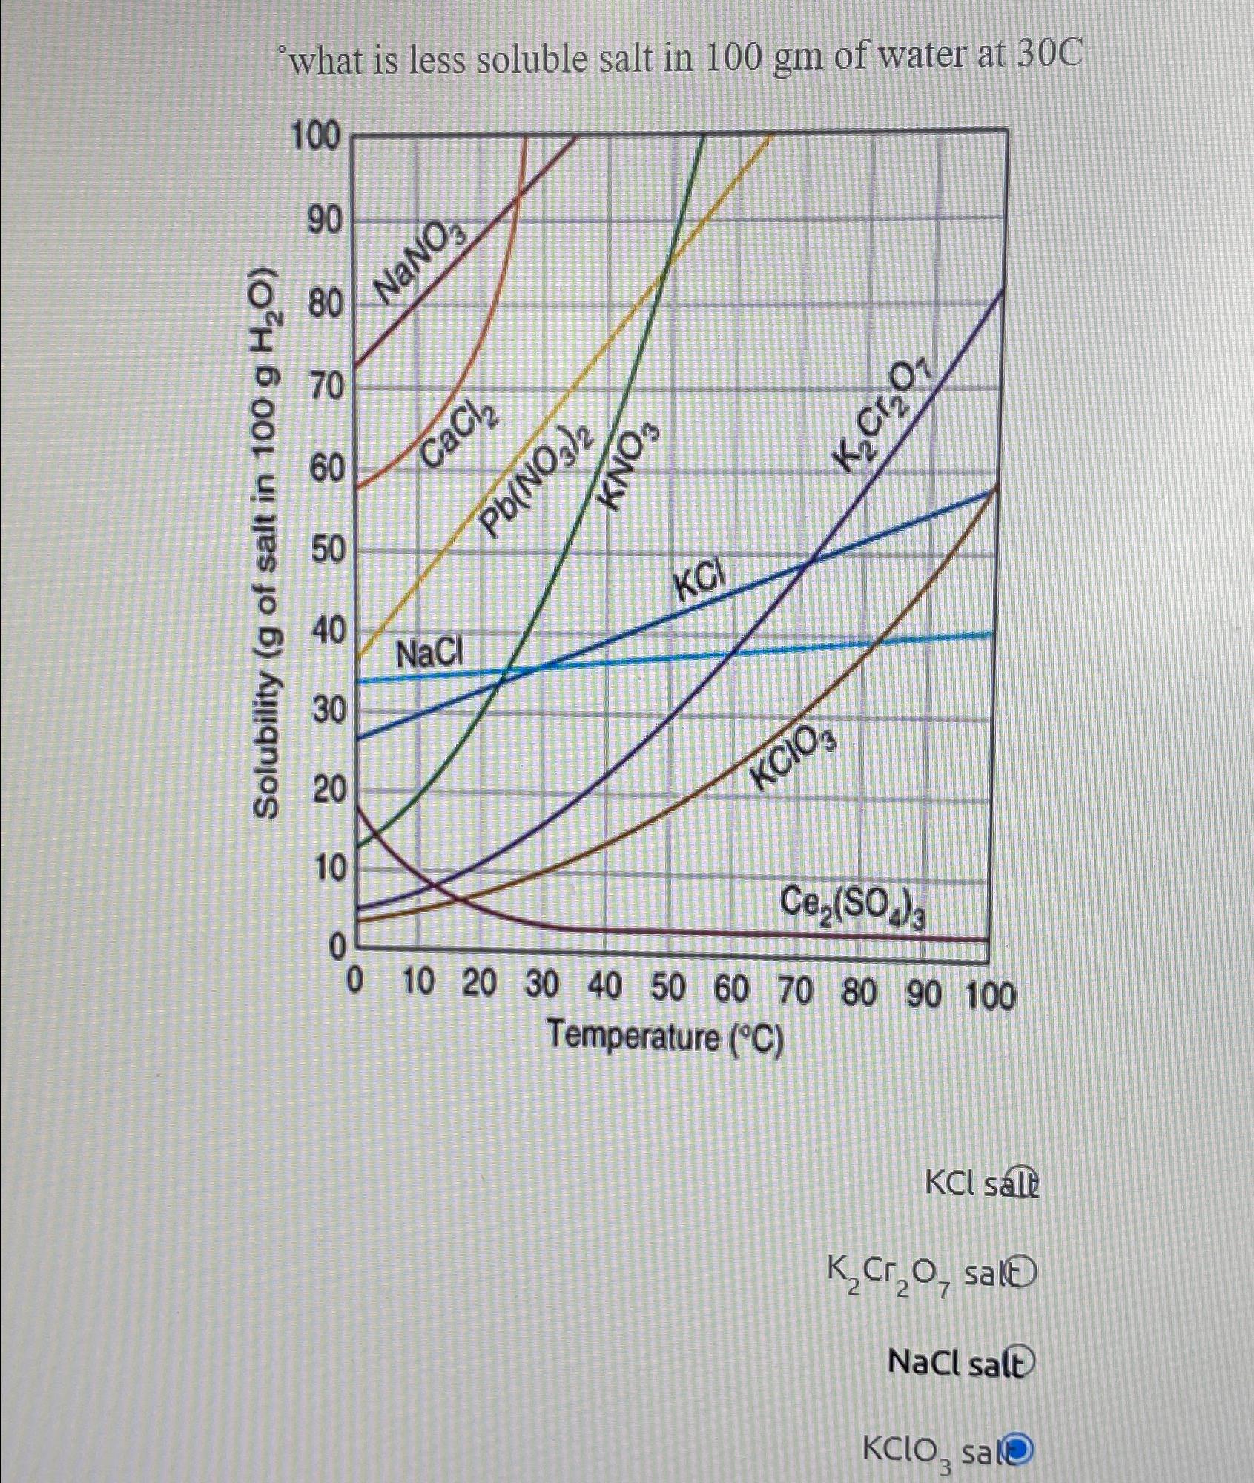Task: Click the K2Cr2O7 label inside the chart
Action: coord(882,419)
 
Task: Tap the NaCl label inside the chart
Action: coord(429,655)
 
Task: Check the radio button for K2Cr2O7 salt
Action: coord(1021,1274)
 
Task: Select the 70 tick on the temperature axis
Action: coord(795,989)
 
